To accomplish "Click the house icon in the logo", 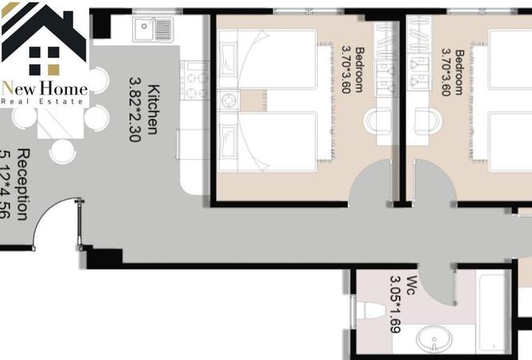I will (x=45, y=40).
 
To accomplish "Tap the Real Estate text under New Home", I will (x=45, y=101).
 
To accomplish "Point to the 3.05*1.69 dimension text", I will (x=394, y=303).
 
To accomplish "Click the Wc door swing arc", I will (x=436, y=279).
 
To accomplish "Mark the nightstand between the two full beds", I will (x=229, y=101).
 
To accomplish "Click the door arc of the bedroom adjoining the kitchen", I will (x=370, y=183).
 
